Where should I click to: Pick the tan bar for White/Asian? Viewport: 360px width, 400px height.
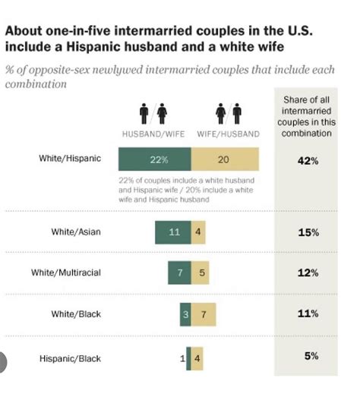197,232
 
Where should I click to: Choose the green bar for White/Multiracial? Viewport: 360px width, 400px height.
179,272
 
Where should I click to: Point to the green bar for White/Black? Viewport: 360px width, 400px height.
185,313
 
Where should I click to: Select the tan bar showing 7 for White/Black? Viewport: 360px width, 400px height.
203,313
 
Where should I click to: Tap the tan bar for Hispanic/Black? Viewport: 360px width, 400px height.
197,357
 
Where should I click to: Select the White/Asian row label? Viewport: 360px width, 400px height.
76,232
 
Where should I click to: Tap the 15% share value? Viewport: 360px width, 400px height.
307,232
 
